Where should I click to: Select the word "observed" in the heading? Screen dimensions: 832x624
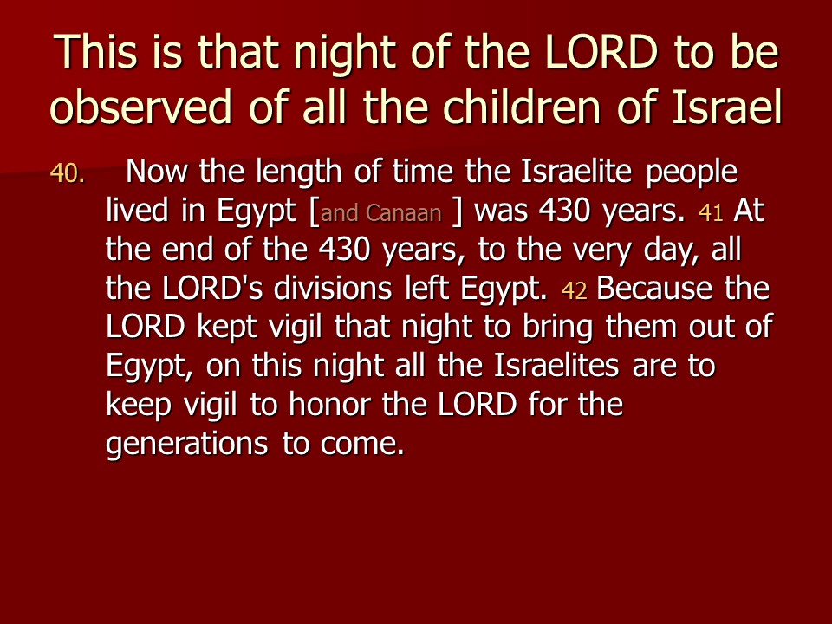pos(140,107)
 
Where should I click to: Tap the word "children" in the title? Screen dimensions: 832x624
pos(522,107)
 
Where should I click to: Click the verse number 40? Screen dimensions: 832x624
pos(67,173)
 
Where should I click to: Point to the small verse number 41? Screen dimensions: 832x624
pos(711,213)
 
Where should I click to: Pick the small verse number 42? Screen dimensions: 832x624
pos(574,291)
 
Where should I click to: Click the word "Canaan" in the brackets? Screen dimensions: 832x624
pos(404,213)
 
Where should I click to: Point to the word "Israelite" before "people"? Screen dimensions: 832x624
pos(575,171)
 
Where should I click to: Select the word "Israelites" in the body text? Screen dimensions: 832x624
pos(556,366)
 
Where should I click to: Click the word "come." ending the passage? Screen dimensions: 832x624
pos(362,445)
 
